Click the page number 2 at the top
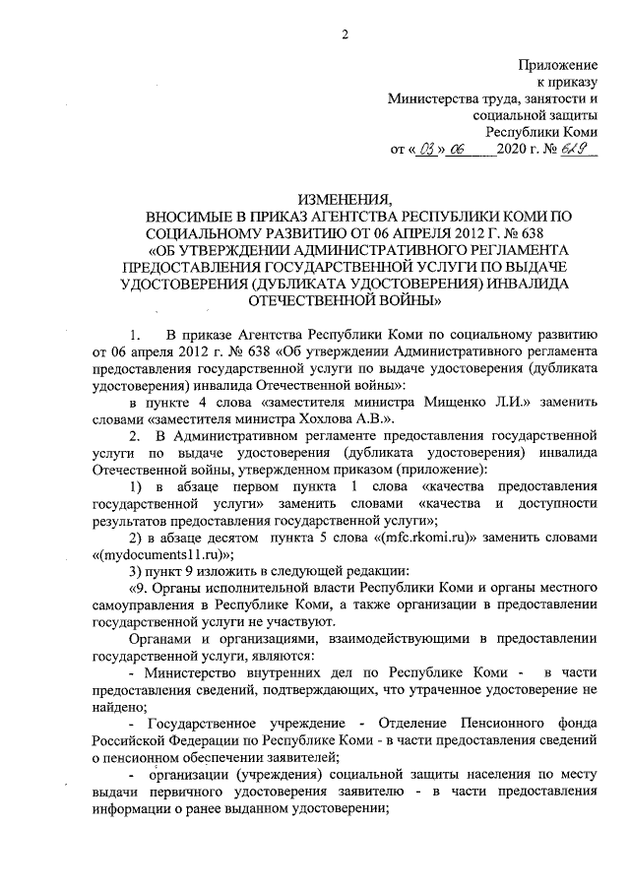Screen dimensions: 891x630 [x=344, y=36]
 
